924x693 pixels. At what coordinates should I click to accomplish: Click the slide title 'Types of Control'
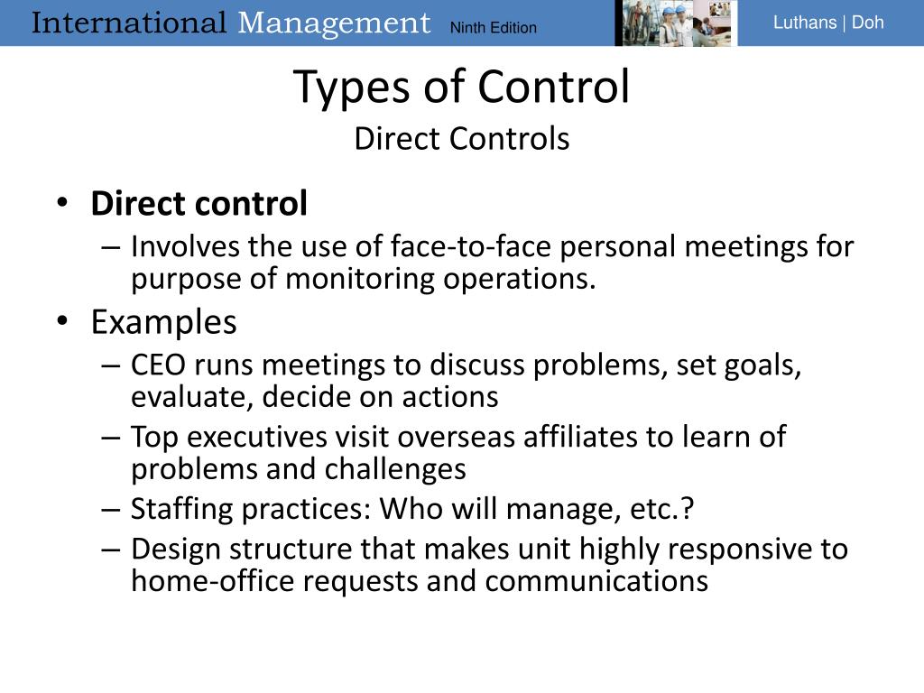[x=461, y=88]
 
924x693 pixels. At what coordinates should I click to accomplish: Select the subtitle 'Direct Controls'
[x=461, y=139]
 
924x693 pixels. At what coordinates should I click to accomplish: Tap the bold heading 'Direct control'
[x=199, y=204]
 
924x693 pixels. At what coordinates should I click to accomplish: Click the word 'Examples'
[x=163, y=321]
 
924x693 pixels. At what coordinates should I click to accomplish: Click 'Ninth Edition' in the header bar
[x=493, y=27]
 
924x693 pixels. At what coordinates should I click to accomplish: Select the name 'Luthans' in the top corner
[x=804, y=23]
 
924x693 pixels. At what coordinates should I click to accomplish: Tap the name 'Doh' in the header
[x=867, y=23]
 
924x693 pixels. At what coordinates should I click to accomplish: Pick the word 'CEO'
[x=159, y=365]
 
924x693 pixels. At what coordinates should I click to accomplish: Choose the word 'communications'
[x=596, y=581]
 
